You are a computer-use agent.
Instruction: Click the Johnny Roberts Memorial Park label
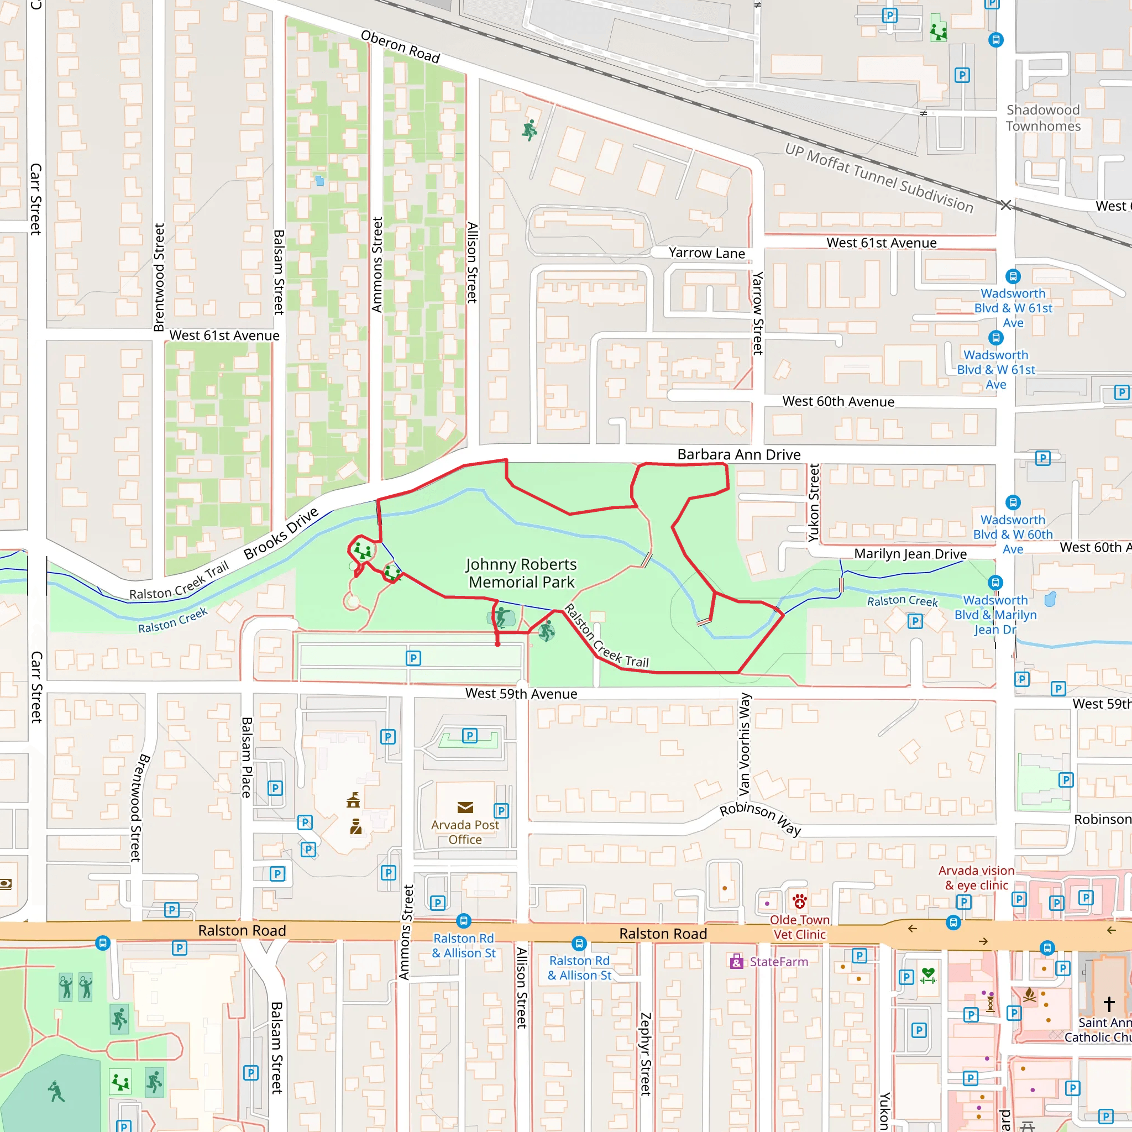(x=521, y=573)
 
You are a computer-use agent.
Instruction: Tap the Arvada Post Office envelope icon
(x=465, y=808)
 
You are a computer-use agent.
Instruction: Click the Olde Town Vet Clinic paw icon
(x=800, y=900)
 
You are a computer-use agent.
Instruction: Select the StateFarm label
(x=778, y=962)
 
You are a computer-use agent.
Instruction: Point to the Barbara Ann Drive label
(x=738, y=455)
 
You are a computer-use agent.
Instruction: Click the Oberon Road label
(x=400, y=46)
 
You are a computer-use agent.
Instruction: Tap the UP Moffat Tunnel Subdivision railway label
(x=879, y=178)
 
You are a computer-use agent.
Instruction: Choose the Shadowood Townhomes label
(x=1043, y=118)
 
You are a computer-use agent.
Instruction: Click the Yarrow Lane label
(x=706, y=253)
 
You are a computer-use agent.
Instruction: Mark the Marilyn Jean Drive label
(x=910, y=554)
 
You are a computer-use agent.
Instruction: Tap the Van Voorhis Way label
(x=744, y=744)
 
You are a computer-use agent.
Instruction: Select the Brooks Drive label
(x=281, y=533)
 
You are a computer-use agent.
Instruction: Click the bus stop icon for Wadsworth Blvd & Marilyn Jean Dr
(x=995, y=583)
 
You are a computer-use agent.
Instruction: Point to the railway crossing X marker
(x=1005, y=205)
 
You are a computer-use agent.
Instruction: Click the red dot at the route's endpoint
(x=497, y=644)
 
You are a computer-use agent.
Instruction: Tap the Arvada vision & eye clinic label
(x=976, y=878)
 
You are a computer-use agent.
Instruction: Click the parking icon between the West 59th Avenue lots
(x=413, y=658)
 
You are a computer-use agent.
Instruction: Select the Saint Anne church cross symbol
(x=1109, y=1004)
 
